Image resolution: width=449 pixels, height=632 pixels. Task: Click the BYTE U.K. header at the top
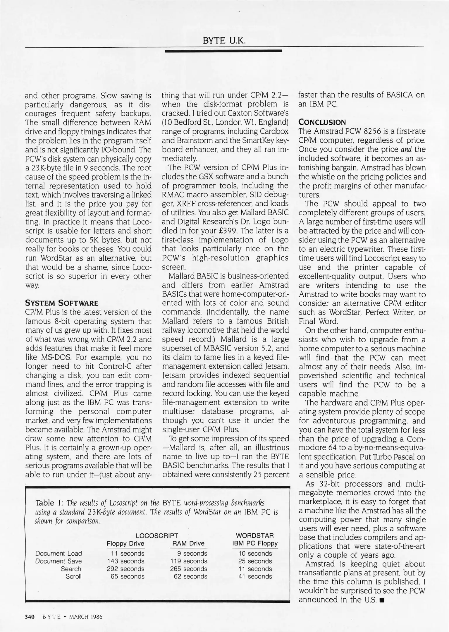224,40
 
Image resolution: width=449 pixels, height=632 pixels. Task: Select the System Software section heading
62,303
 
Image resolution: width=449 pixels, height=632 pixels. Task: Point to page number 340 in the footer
30,617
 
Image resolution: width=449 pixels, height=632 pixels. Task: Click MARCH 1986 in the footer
85,617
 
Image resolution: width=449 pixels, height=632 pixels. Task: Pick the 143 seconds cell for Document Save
125,561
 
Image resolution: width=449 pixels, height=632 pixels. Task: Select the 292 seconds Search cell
125,569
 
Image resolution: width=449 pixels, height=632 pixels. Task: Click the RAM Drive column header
188,544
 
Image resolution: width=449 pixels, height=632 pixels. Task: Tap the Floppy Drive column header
125,544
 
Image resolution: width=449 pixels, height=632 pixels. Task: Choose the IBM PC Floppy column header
255,544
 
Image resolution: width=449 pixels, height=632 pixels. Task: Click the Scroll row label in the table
73,576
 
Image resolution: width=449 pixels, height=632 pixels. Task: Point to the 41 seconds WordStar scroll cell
255,576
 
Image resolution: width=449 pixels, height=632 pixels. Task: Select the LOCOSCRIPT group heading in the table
157,536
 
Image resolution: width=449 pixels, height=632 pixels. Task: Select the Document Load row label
59,554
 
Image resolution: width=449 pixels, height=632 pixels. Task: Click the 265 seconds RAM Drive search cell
189,569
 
